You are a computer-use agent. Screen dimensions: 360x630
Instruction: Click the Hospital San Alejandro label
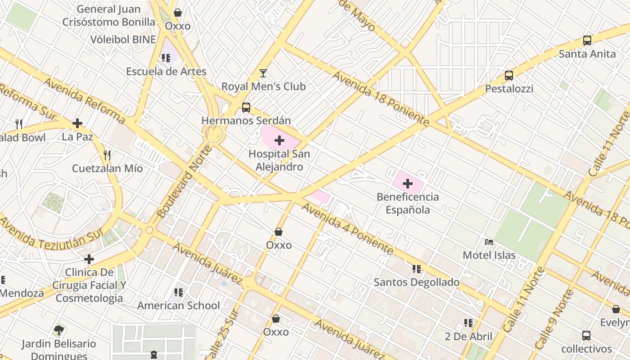279,160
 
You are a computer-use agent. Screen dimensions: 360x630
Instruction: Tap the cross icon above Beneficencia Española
408,184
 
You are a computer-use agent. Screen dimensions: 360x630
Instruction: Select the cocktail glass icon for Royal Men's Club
263,73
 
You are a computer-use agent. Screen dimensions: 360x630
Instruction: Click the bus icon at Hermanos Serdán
246,108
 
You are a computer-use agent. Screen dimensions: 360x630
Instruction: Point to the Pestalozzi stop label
509,89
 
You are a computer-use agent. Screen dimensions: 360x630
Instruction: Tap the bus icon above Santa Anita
587,40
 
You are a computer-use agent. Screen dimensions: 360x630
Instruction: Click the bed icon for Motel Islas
489,242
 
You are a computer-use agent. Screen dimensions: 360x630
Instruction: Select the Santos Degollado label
417,282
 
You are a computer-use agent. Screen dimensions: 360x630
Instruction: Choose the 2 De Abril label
468,337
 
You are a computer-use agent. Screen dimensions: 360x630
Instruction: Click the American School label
179,306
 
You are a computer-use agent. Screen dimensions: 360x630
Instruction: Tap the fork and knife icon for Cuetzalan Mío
107,155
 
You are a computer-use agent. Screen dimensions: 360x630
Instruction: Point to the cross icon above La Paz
77,123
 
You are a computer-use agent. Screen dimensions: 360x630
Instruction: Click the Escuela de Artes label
166,71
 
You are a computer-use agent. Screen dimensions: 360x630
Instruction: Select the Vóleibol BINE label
123,39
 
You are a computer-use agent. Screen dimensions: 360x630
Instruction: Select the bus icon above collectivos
586,336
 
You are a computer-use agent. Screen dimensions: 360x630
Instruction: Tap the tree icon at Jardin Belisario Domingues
58,330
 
